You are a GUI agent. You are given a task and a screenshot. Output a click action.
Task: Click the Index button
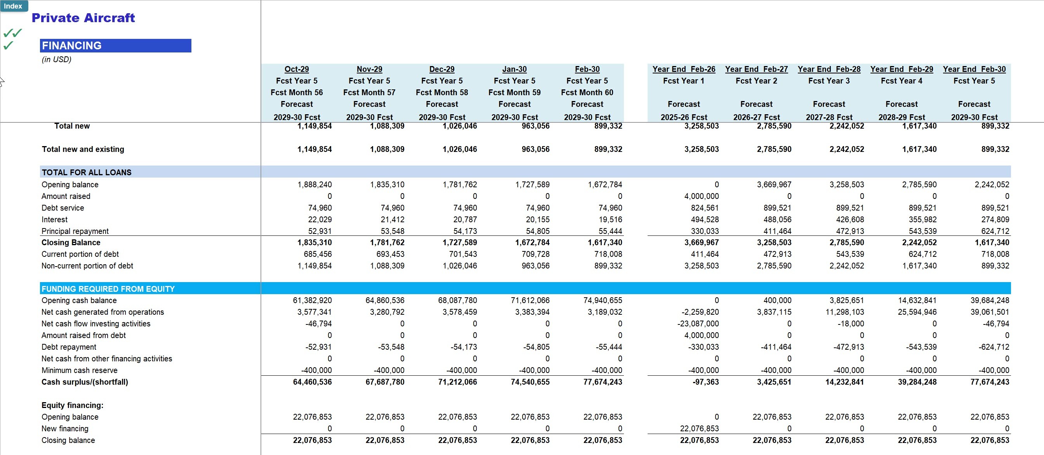click(13, 6)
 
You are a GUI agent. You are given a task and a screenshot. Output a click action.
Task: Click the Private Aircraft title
click(83, 18)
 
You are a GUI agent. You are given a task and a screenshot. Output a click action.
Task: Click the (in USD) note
click(56, 59)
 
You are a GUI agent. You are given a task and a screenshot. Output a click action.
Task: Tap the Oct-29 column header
click(296, 69)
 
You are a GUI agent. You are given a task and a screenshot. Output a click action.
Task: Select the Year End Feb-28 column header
click(829, 69)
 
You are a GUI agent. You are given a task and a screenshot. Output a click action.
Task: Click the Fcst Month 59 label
click(514, 92)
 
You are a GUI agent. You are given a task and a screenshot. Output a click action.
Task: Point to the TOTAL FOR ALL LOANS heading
click(86, 173)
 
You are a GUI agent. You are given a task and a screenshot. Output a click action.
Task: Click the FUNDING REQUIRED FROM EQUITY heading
click(108, 289)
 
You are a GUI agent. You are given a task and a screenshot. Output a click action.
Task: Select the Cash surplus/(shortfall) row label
click(85, 382)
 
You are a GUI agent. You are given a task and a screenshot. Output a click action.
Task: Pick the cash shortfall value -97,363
click(705, 382)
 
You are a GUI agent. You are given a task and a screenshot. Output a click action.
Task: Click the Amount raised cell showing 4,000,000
click(701, 196)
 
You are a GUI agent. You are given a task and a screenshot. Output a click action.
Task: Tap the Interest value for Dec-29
click(465, 220)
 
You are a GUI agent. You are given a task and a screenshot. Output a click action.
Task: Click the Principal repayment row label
click(75, 231)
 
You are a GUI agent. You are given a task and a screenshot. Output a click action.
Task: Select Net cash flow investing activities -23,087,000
click(698, 324)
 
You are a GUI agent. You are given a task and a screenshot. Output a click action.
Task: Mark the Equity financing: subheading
click(72, 405)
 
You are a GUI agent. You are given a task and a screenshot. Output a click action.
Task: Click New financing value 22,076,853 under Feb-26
click(699, 429)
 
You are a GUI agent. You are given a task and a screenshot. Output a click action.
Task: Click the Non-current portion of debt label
click(87, 266)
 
